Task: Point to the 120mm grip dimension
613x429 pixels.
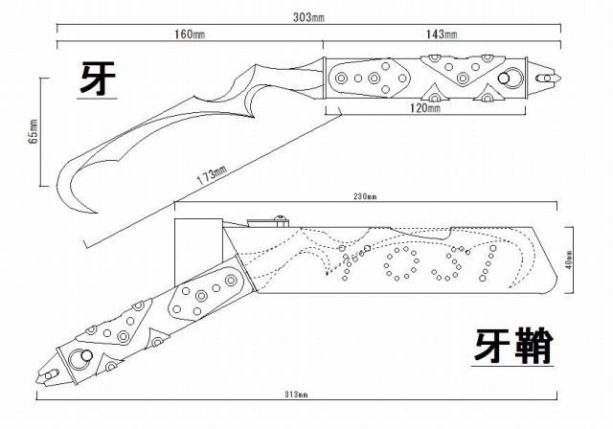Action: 423,109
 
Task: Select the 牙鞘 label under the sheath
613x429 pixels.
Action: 513,346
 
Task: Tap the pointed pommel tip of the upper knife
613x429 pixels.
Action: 549,71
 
